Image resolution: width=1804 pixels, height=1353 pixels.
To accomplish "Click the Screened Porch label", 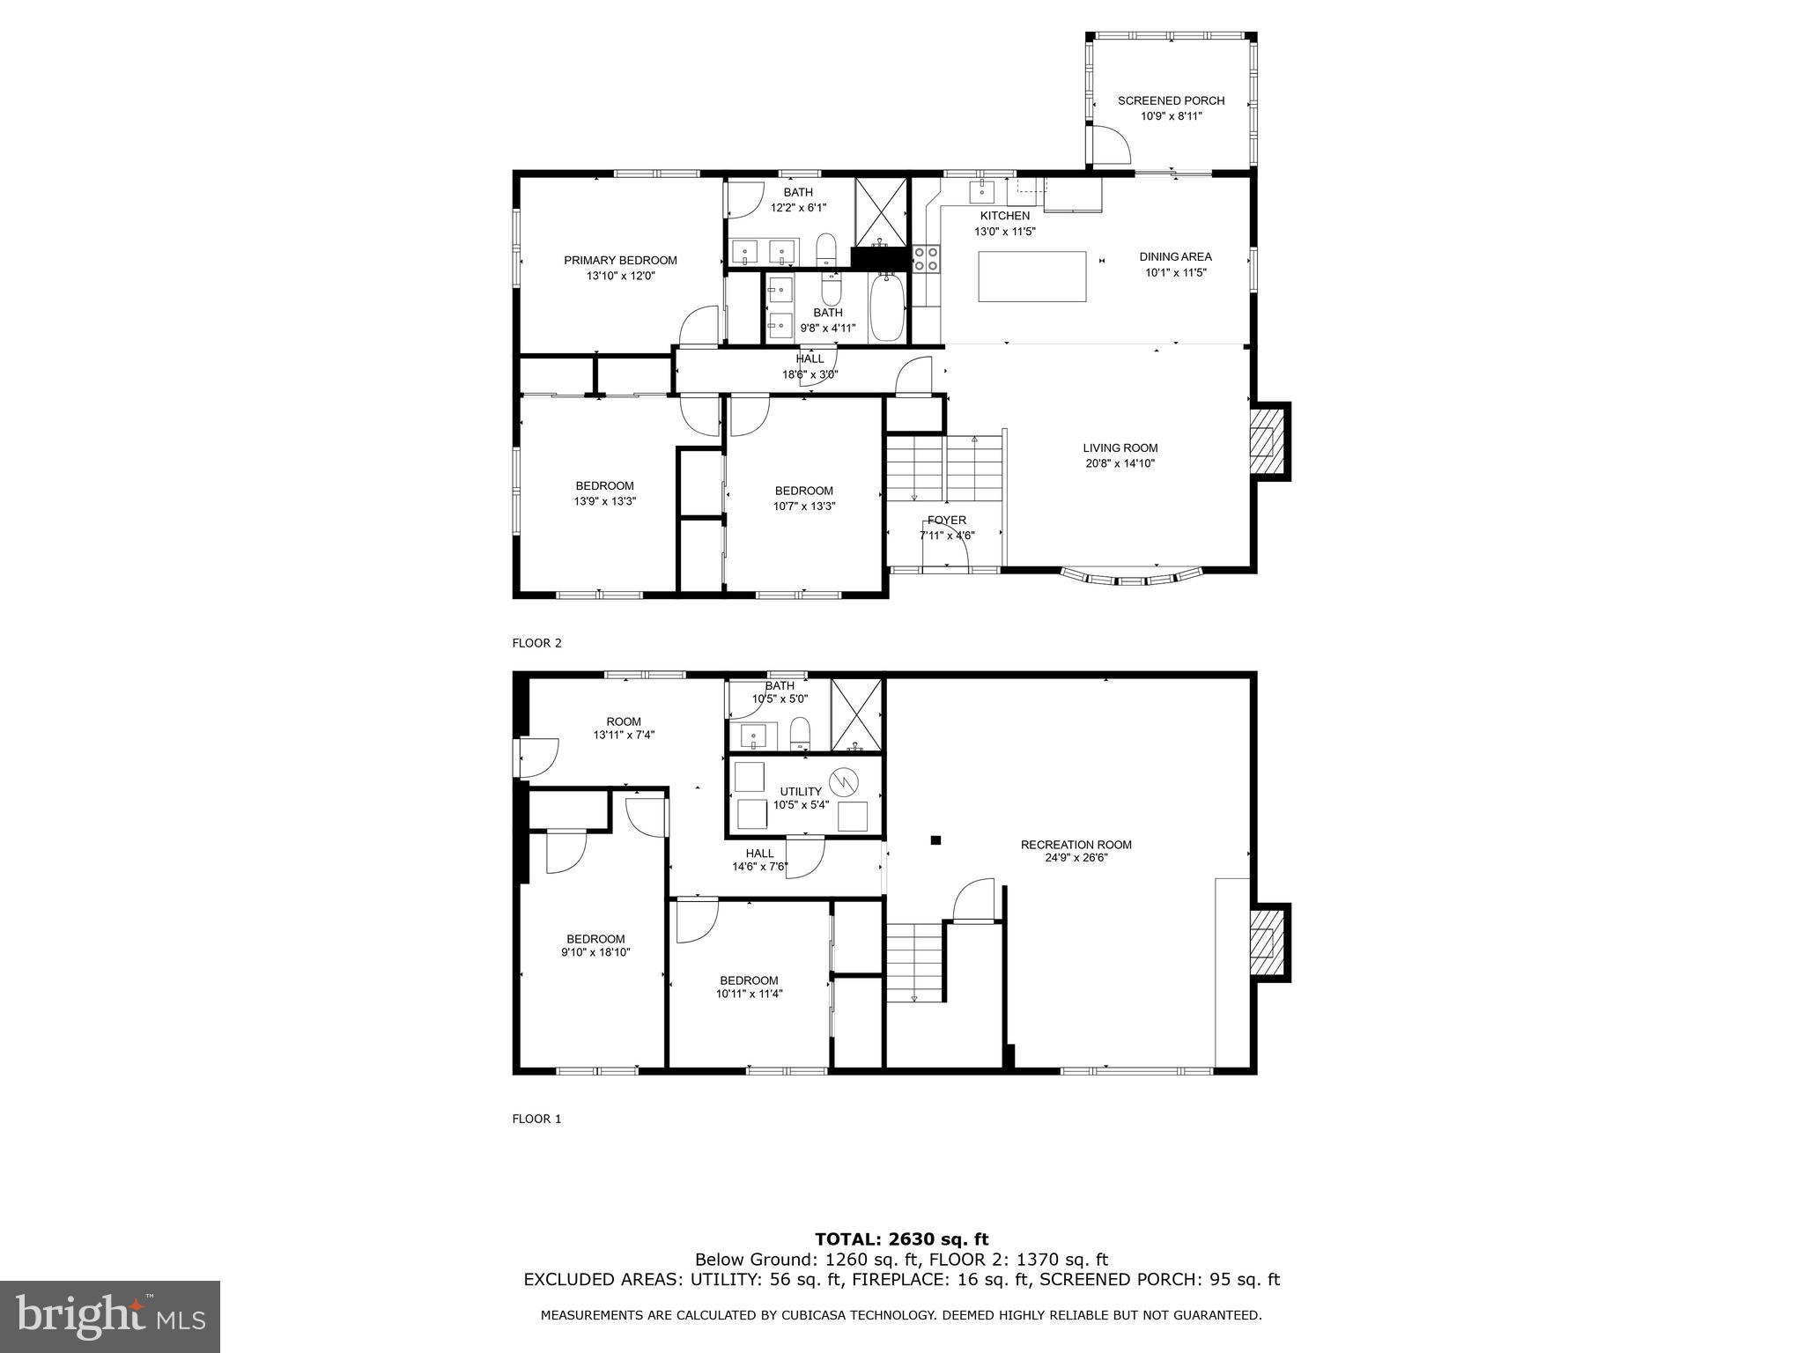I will (1171, 100).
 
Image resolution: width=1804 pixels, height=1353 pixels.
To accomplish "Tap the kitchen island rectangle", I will (1031, 277).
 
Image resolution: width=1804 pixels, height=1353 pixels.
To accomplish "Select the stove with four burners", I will (926, 258).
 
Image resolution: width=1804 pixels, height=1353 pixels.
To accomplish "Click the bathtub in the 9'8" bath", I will (886, 309).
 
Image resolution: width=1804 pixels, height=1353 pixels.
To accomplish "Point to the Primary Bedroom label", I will (620, 260).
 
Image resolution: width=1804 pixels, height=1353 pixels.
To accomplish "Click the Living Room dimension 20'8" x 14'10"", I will (1120, 463).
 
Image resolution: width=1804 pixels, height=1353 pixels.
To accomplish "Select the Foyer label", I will (946, 521).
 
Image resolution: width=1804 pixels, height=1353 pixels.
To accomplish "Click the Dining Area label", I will (1175, 257).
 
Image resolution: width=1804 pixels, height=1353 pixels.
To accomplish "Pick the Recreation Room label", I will (1076, 845).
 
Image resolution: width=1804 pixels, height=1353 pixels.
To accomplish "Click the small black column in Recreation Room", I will (936, 840).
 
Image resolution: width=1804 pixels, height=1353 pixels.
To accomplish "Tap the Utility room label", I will (800, 791).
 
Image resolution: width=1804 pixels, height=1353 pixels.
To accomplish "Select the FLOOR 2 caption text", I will (536, 643).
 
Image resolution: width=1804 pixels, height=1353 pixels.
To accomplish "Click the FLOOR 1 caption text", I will (536, 1119).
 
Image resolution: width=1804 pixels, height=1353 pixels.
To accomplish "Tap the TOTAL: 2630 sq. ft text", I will (901, 1240).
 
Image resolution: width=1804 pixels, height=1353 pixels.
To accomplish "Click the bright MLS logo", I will (110, 1317).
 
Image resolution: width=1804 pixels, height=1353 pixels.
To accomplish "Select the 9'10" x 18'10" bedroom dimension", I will (595, 952).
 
